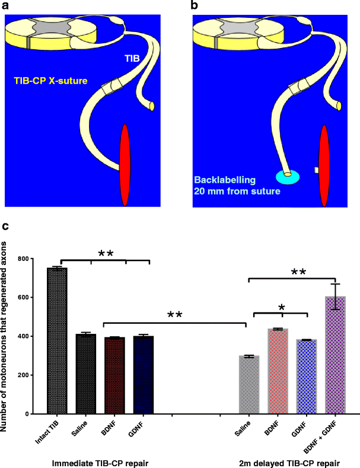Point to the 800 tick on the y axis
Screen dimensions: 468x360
point(37,259)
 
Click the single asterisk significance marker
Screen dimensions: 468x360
point(282,307)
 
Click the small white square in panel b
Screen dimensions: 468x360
point(317,170)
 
